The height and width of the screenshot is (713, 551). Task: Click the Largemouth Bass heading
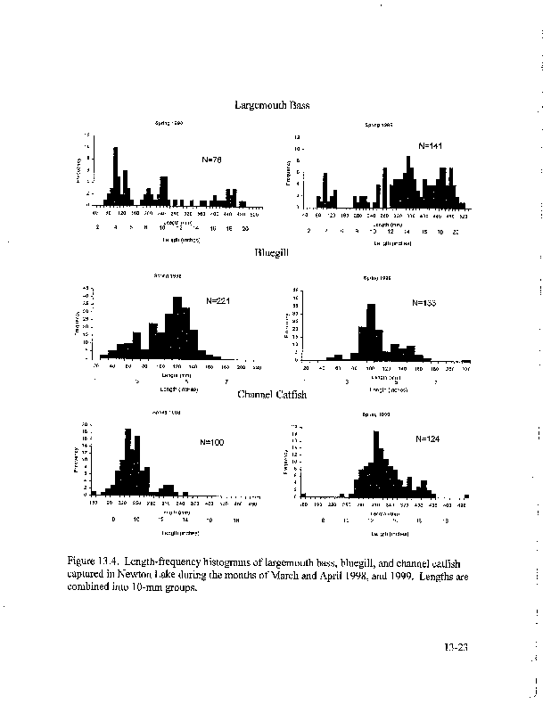point(272,105)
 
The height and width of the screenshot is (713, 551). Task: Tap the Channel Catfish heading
point(272,395)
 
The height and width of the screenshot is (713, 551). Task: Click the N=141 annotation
point(431,144)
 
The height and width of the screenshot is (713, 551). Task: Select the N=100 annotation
point(212,442)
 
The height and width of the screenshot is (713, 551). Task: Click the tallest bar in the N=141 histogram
point(408,182)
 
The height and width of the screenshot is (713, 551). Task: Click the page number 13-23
point(455,648)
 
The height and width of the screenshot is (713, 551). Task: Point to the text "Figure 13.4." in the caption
point(94,561)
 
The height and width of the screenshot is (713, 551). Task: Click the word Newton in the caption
point(128,575)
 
